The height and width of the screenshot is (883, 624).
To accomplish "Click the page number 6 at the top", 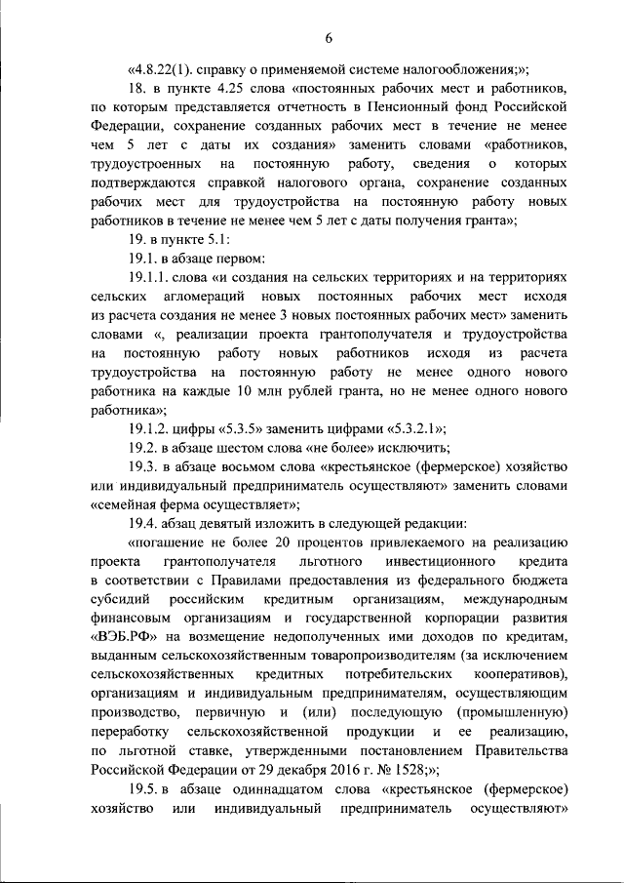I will (x=329, y=38).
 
